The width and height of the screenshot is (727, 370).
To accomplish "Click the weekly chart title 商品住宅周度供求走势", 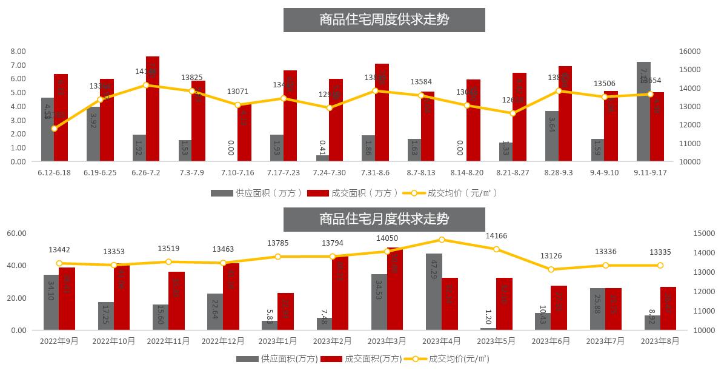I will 384,19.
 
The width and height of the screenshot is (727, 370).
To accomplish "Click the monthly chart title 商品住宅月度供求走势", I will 384,219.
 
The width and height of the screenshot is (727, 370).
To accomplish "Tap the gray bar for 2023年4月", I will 434,292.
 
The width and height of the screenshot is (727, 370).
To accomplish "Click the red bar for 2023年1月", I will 285,312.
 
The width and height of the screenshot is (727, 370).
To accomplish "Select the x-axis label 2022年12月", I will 223,341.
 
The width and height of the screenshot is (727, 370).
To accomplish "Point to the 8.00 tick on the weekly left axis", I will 18,52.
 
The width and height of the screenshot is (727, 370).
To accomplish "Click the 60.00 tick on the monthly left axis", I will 17,234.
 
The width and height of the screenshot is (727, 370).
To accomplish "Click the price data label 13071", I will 237,92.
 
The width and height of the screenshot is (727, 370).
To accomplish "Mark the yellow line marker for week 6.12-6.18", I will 55,129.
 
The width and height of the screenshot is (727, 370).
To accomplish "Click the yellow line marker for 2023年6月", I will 551,269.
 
